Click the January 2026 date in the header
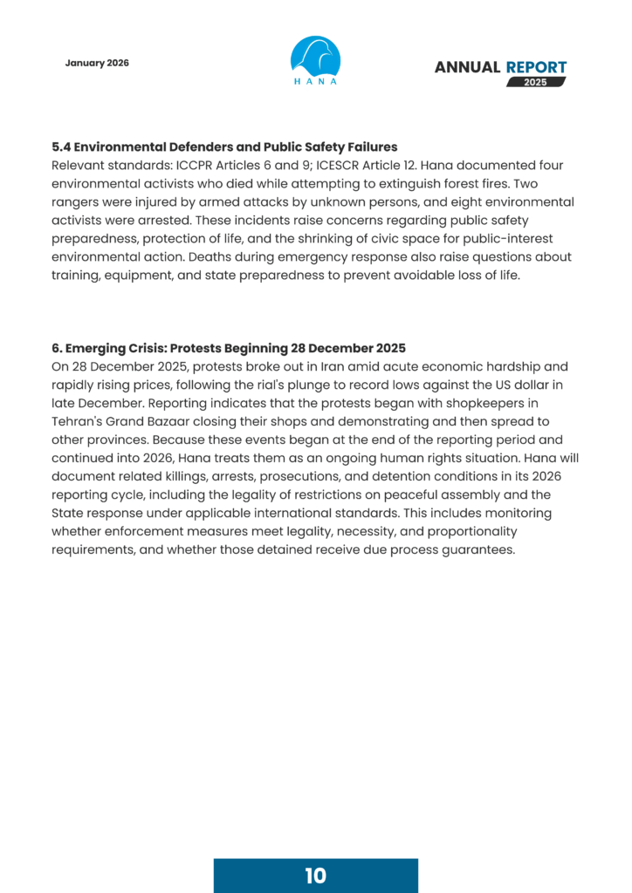coord(97,64)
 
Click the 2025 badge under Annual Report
coord(536,82)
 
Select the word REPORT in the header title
coord(536,67)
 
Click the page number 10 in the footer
coord(315,876)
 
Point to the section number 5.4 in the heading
coord(62,147)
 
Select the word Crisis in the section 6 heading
coord(148,348)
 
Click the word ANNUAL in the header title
coord(467,67)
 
